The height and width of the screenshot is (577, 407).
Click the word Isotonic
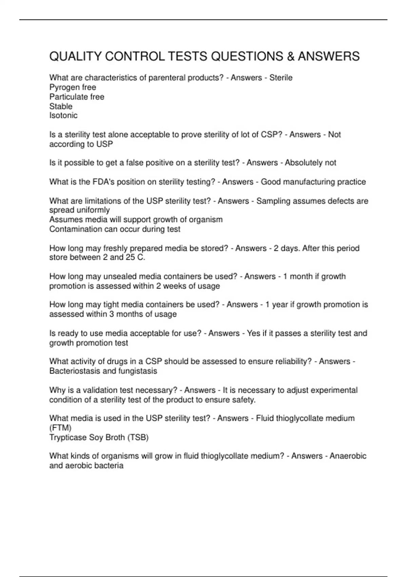pyautogui.click(x=63, y=115)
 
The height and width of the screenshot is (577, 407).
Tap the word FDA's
pyautogui.click(x=104, y=182)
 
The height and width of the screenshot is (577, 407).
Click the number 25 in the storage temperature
pyautogui.click(x=130, y=257)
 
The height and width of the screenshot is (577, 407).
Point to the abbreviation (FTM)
pyautogui.click(x=60, y=428)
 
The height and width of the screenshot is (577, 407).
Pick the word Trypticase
pyautogui.click(x=68, y=438)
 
